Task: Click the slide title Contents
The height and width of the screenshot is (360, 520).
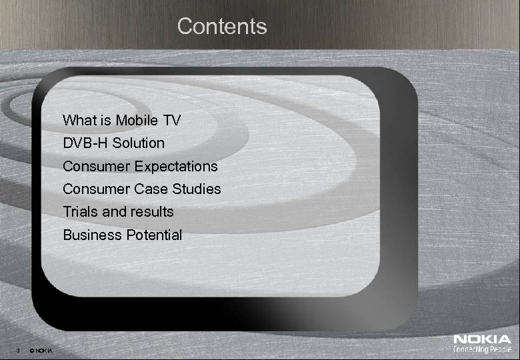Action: pos(222,27)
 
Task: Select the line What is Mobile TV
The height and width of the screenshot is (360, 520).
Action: pos(121,121)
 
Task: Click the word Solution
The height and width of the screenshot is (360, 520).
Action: pos(139,143)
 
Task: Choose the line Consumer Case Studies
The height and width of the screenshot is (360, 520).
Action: pos(141,189)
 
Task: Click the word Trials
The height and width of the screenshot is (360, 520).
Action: pos(79,212)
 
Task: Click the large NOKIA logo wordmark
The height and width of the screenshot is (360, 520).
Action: pos(482,340)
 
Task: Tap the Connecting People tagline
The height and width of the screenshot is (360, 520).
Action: pos(482,350)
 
